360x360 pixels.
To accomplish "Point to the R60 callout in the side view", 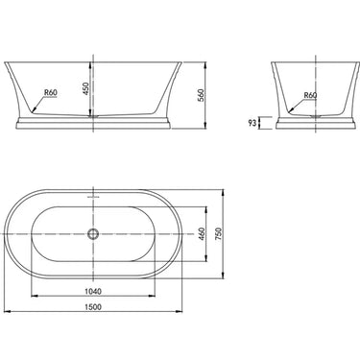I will [311, 96].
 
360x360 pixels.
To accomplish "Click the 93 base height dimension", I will [252, 124].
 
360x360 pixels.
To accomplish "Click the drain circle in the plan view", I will [93, 232].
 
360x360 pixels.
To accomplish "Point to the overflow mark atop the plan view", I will [93, 196].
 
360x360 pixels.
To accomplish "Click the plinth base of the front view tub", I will [93, 123].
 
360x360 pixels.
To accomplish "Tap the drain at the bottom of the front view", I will [93, 114].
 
